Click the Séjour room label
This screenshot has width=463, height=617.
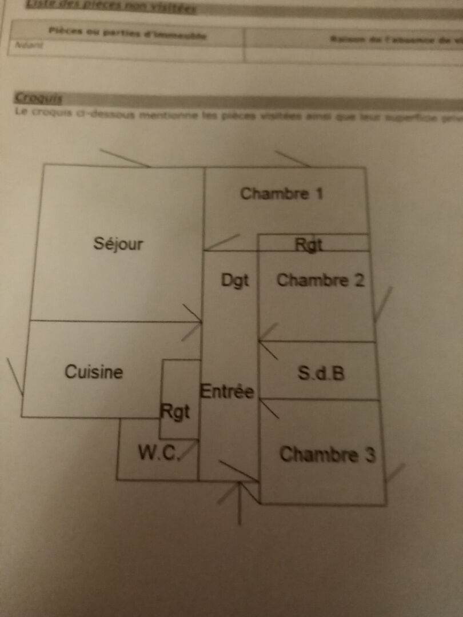118,244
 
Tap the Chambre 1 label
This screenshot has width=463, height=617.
282,194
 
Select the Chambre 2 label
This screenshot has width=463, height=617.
320,281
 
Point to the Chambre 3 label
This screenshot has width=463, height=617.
328,455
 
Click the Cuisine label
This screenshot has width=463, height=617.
94,372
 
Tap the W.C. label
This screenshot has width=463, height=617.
159,454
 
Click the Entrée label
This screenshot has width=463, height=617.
227,392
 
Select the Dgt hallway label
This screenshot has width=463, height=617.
235,281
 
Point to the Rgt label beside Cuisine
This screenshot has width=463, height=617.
175,412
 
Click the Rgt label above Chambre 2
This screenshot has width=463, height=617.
309,245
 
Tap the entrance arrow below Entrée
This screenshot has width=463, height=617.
239,503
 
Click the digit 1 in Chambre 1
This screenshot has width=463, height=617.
319,194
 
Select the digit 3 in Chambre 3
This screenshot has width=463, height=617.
370,455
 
